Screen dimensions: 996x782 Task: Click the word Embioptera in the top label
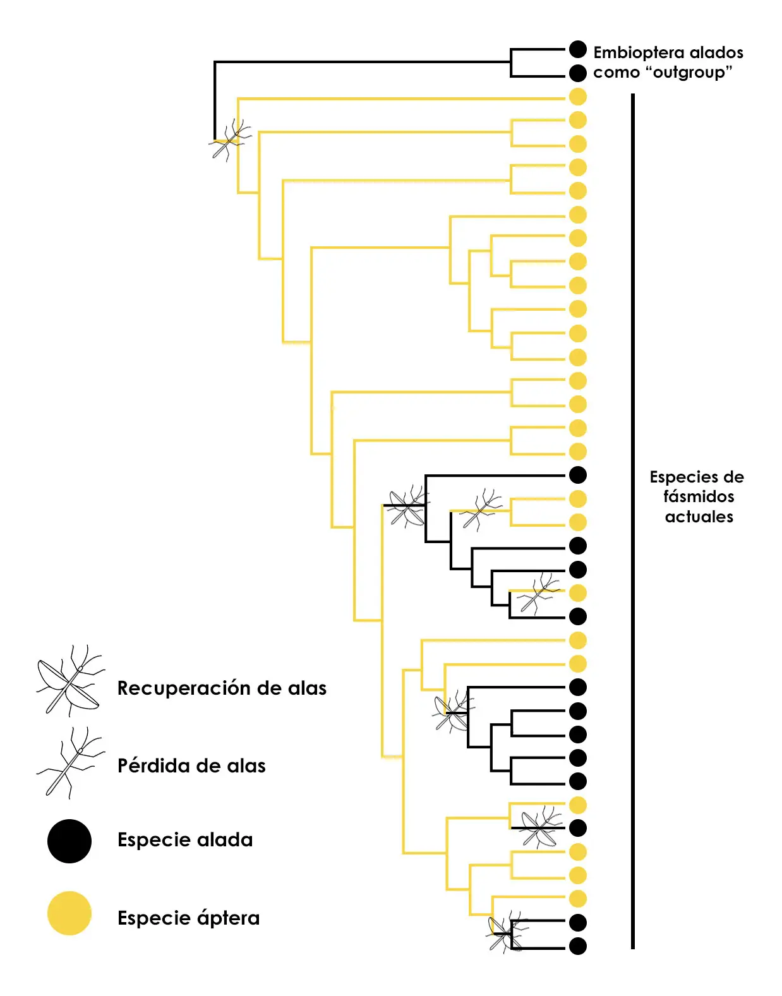(639, 52)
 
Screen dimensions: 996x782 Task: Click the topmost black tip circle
(578, 49)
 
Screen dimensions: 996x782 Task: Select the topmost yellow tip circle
(578, 97)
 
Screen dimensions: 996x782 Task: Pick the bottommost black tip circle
(578, 946)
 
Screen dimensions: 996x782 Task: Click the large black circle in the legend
(69, 841)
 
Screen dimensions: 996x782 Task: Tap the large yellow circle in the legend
(69, 913)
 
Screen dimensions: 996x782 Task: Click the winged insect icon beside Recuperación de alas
(69, 681)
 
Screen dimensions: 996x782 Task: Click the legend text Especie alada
(185, 840)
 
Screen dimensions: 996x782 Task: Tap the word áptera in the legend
(228, 918)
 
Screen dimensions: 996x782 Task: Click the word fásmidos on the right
(699, 497)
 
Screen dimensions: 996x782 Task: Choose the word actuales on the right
(699, 517)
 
